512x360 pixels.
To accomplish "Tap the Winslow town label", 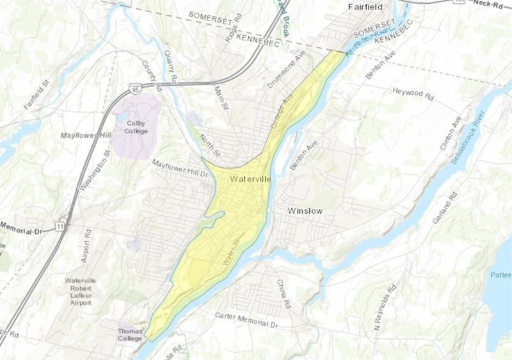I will [305, 211].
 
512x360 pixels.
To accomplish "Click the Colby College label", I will [136, 127].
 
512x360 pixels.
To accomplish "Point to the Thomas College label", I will [131, 335].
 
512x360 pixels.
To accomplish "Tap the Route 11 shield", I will [60, 226].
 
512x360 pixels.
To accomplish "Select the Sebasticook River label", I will [467, 137].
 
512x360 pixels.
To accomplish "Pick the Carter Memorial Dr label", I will [247, 317].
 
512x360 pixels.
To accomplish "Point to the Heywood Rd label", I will [413, 93].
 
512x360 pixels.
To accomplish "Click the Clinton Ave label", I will [450, 133].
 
